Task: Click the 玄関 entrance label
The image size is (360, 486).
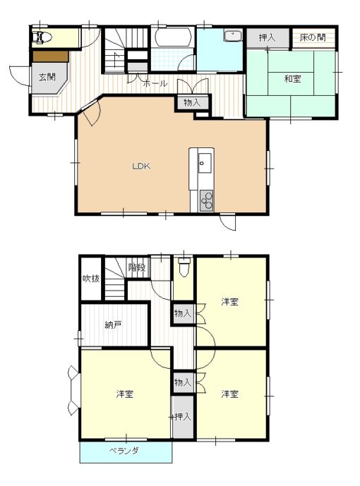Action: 47,77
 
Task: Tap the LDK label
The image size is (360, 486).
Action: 141,166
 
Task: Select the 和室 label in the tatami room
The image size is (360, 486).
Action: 292,79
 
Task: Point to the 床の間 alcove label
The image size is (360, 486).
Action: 313,37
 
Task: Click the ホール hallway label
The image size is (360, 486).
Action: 155,83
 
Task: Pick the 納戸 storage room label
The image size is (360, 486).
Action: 113,325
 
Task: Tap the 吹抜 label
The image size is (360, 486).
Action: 91,279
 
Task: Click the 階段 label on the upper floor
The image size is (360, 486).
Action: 137,267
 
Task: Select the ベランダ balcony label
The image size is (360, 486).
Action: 124,451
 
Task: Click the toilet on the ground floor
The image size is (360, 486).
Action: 42,37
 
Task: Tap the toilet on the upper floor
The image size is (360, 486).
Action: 184,267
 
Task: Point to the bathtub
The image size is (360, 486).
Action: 173,37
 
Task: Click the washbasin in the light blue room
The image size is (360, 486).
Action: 233,36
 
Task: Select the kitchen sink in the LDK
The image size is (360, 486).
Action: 205,163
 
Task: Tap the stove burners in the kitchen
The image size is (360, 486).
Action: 207,200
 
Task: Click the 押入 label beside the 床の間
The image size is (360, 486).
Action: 267,38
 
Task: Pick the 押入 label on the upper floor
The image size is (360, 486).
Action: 183,417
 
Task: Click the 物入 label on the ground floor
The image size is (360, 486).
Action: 192,102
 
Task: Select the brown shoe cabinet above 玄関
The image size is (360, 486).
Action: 51,56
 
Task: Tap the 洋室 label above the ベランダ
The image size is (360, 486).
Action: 125,394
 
